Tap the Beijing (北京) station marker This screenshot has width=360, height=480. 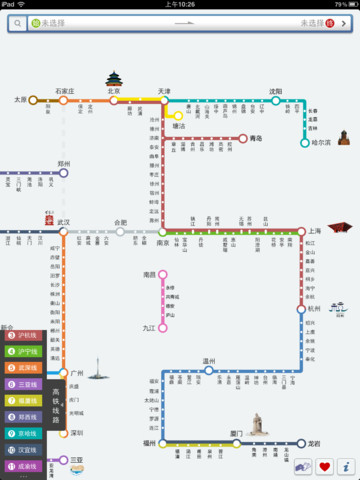[116, 100]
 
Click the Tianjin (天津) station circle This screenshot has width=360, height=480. [163, 100]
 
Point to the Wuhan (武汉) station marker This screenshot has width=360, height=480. [63, 231]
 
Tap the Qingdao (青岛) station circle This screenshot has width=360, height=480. [242, 139]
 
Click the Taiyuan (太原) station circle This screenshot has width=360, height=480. [33, 100]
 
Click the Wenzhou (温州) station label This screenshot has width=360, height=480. [209, 361]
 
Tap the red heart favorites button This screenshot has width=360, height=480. [324, 466]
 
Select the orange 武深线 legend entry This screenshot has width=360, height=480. [22, 366]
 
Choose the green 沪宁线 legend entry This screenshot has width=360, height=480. [22, 351]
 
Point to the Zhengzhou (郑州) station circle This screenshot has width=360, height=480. [63, 172]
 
